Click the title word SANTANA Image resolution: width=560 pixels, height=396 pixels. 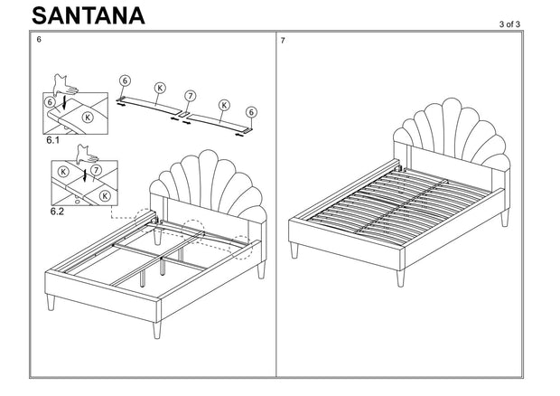coord(87,15)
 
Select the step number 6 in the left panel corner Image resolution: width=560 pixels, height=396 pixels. coord(39,42)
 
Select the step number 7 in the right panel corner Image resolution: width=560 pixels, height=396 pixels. coord(284,42)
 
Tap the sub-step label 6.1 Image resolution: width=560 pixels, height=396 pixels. coord(52,141)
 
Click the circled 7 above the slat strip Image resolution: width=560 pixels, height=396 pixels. coord(190,95)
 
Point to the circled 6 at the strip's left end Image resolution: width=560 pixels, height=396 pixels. coord(125,80)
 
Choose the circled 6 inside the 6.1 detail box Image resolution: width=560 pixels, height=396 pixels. coord(50,103)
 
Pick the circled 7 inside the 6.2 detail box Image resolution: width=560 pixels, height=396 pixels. coord(96,169)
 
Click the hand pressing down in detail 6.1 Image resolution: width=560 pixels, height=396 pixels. coord(66,86)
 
